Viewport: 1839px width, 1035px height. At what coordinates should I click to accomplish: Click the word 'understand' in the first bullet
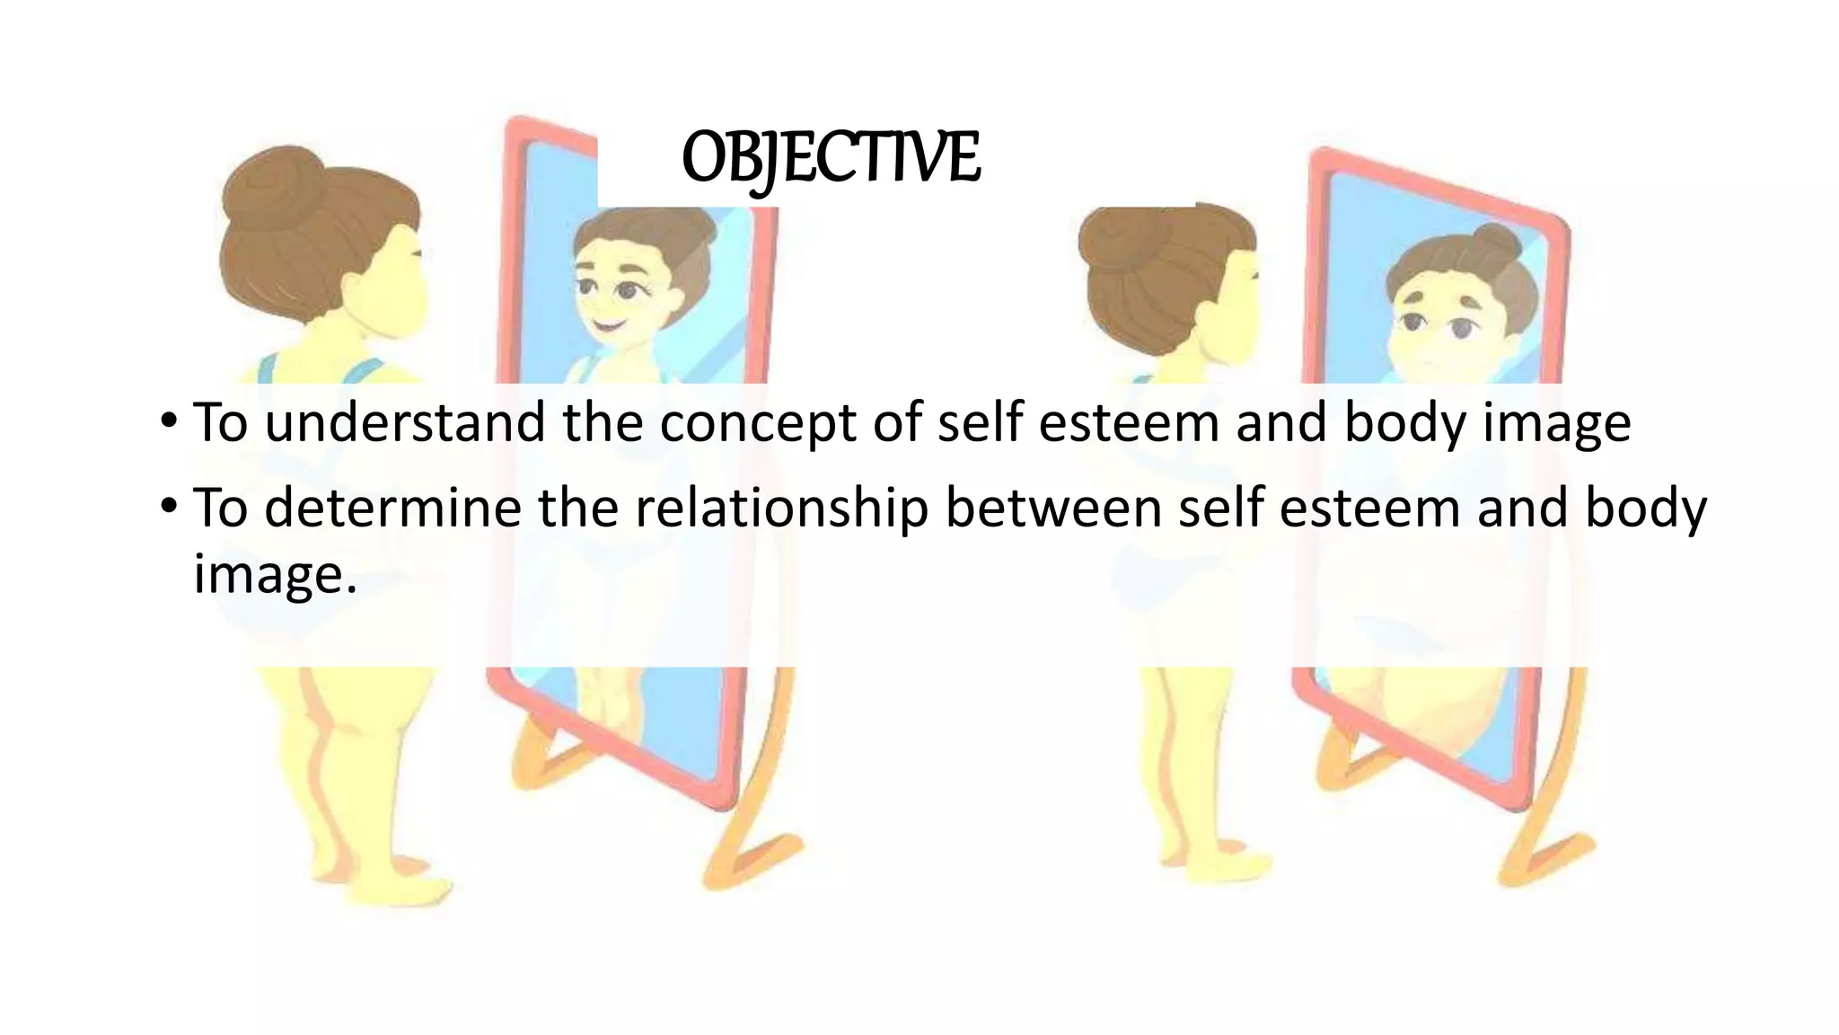point(405,422)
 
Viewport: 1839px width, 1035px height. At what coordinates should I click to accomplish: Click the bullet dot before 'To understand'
point(169,421)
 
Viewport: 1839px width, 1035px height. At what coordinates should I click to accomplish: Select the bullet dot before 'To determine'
point(169,507)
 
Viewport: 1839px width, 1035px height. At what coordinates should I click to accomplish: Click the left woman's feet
point(395,876)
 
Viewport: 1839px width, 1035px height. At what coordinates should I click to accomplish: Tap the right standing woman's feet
point(1212,858)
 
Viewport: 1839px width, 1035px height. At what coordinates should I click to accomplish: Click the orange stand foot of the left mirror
point(754,854)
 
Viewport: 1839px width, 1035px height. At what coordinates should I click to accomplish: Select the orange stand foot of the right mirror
point(1544,854)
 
